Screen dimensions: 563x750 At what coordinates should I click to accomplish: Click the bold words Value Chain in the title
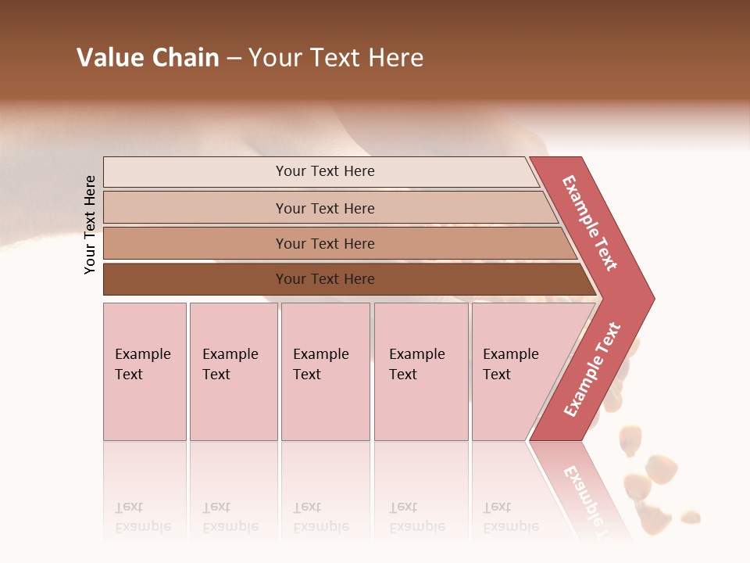coord(148,58)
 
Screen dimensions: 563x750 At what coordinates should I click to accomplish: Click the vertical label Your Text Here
coord(90,224)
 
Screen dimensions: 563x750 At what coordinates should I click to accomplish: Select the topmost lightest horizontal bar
coord(195,172)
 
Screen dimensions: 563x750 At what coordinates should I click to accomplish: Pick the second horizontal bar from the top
coord(195,208)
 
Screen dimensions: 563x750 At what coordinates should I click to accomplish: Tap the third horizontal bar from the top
coord(195,243)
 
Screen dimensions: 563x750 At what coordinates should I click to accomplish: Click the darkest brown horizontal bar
coord(195,279)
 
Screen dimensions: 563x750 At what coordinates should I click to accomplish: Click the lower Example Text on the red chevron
coord(592,370)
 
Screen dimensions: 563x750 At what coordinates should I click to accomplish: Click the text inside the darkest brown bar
coord(325,279)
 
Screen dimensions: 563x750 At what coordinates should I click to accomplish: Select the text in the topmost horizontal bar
coord(325,171)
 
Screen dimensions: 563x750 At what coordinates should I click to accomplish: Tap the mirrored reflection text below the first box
coord(142,517)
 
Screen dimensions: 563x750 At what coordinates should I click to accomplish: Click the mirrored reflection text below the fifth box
coord(510,517)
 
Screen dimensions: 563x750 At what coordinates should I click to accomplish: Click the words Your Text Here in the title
coord(336,58)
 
